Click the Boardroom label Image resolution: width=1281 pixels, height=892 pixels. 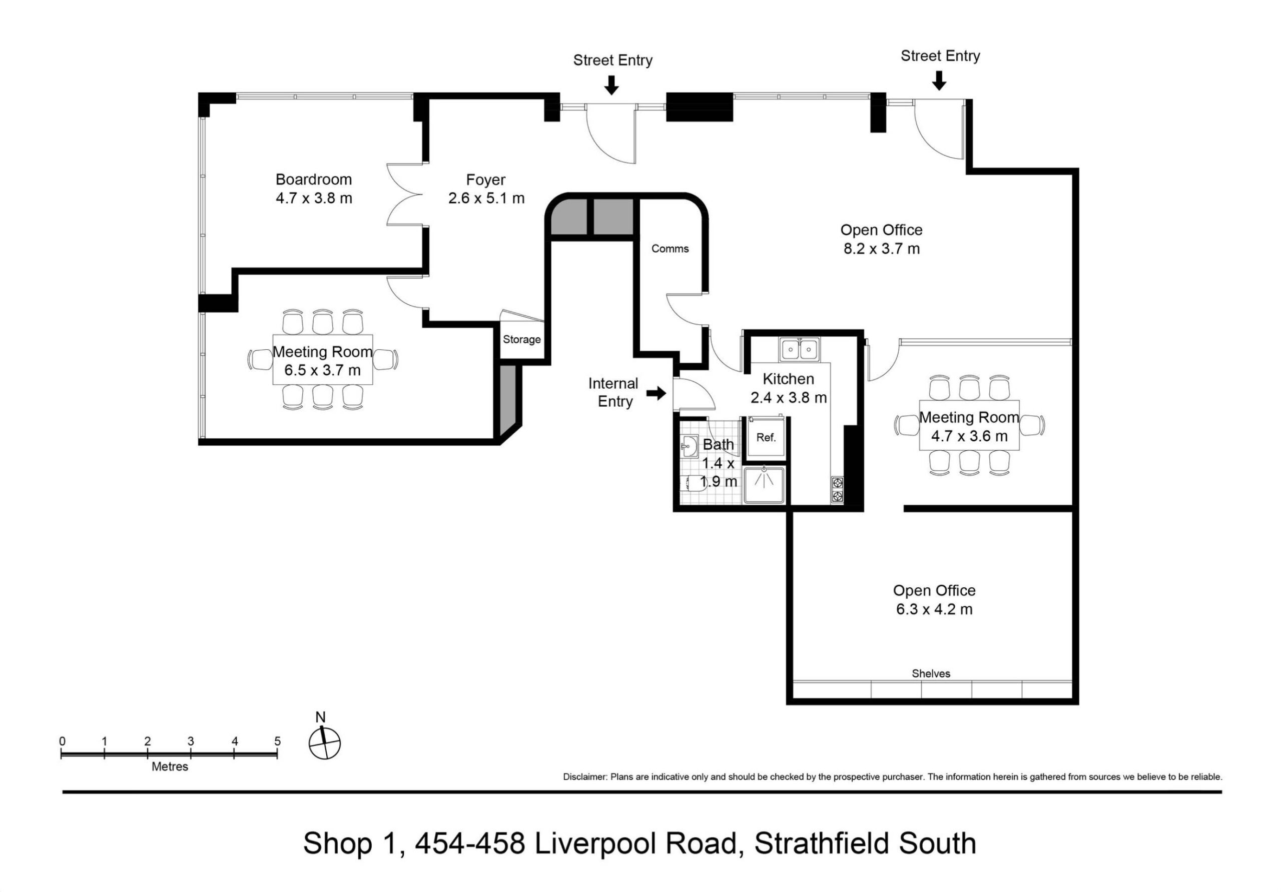[x=314, y=180]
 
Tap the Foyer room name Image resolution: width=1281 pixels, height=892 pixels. [x=486, y=180]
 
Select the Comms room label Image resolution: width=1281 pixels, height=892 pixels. [x=670, y=249]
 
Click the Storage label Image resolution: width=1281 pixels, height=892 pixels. [x=522, y=339]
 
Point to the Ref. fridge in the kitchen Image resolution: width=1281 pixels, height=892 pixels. [x=766, y=437]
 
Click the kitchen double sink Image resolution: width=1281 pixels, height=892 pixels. [x=800, y=350]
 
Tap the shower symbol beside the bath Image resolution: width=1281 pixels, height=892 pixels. [x=764, y=485]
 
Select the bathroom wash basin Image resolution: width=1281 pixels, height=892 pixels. [x=689, y=446]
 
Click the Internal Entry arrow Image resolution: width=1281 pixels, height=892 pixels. [x=656, y=393]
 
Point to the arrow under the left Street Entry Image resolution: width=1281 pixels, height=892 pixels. [x=612, y=85]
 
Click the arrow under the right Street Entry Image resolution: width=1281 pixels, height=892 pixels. [x=940, y=81]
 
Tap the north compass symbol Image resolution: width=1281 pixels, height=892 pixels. [x=324, y=737]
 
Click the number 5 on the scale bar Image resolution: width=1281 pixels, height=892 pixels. [x=277, y=741]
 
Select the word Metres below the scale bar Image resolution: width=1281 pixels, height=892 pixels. [x=170, y=766]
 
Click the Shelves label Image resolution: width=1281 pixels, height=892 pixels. [x=931, y=673]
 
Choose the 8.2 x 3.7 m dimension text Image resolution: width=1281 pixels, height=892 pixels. [x=882, y=249]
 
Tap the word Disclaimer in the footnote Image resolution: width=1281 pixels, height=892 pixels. [x=584, y=776]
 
